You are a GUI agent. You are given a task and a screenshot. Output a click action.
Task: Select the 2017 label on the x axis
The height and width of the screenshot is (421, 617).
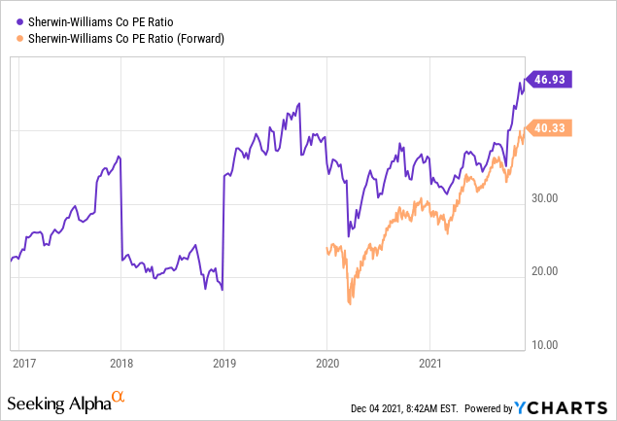click(x=24, y=363)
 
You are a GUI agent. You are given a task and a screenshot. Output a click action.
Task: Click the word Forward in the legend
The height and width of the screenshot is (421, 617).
click(x=198, y=38)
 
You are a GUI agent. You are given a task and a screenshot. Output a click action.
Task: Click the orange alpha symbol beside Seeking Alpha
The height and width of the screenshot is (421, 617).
click(x=118, y=398)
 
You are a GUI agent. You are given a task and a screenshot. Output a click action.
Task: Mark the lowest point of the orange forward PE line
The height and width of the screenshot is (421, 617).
click(x=350, y=304)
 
